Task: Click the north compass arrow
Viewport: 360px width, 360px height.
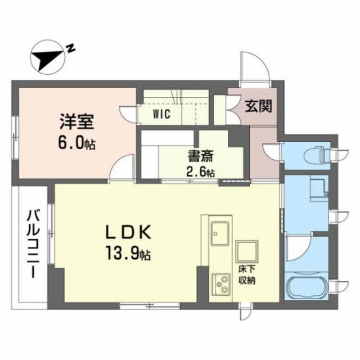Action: pos(49,56)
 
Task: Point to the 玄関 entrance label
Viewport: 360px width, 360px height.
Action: pos(258,106)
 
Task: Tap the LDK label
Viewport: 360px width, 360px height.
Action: pos(128,232)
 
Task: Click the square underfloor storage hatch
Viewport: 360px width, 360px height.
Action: pos(246,251)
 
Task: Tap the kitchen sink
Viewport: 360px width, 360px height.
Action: pos(219,231)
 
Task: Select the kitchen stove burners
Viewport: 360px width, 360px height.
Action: pos(218,284)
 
